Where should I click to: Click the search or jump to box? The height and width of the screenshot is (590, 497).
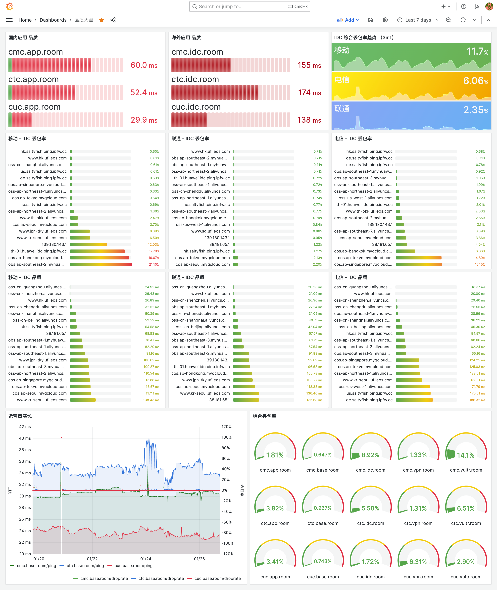(250, 6)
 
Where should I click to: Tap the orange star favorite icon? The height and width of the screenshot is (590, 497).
(102, 20)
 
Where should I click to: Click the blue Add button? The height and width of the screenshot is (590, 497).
(348, 20)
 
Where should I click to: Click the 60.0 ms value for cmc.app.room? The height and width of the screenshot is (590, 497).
(144, 65)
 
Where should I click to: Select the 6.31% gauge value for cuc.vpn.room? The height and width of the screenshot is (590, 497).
(418, 562)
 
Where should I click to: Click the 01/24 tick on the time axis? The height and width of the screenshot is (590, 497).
(146, 559)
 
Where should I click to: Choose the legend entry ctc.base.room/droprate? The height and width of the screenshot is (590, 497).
(161, 578)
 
